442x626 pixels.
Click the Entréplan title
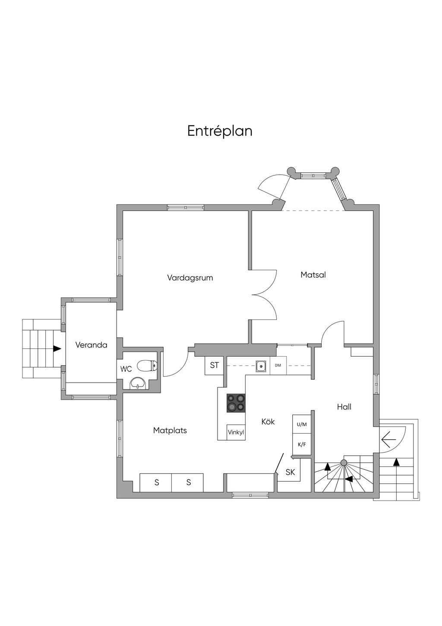(x=220, y=131)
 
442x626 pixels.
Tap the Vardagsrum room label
(x=190, y=278)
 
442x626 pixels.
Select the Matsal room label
(x=313, y=275)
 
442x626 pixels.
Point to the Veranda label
(x=91, y=345)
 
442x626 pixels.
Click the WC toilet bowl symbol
(x=147, y=366)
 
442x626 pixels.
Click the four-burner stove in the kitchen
(x=236, y=403)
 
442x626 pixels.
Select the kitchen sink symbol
(x=261, y=366)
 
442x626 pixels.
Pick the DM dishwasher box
(x=278, y=366)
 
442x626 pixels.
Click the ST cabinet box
(x=214, y=366)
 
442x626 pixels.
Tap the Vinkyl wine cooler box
(x=236, y=432)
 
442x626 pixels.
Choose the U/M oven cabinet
(x=301, y=424)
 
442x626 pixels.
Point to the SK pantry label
(x=290, y=472)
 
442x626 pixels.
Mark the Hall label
(x=344, y=407)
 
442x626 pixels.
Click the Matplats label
(x=170, y=430)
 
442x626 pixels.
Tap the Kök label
(x=268, y=421)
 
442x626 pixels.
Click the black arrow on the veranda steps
(x=57, y=348)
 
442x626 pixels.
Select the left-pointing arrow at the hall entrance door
(x=389, y=439)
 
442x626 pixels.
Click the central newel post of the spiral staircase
(x=344, y=463)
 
